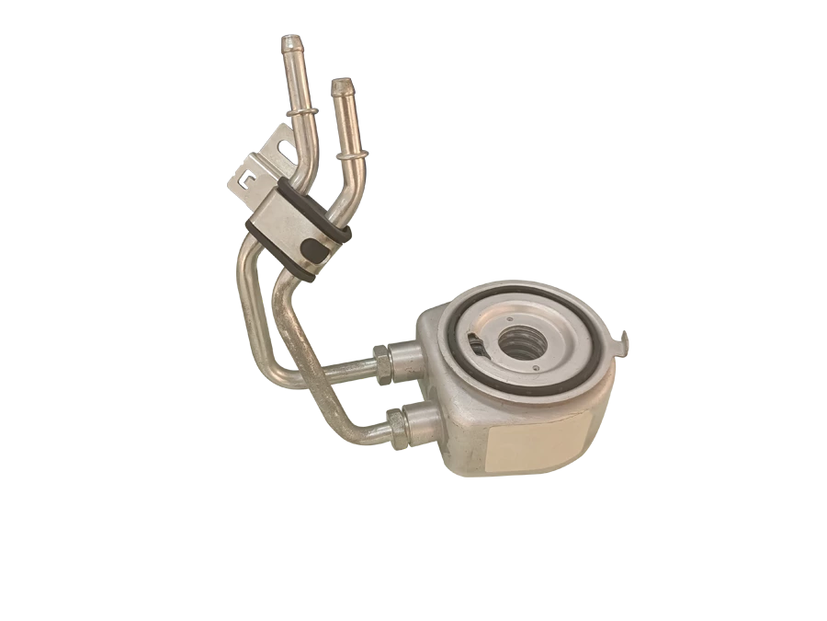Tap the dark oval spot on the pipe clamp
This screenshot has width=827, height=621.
click(x=315, y=248)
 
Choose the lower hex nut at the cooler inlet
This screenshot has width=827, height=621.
click(x=396, y=426)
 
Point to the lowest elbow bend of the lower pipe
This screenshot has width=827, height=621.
click(x=354, y=432)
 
